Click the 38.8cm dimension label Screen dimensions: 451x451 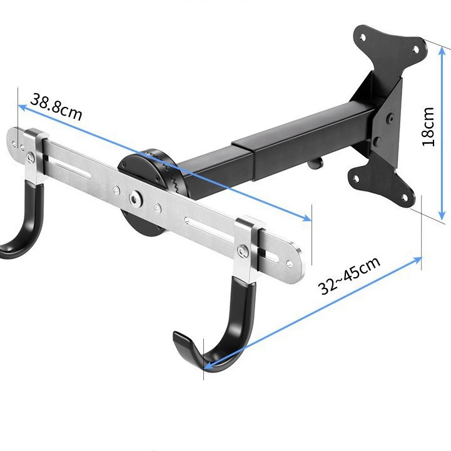[56, 107]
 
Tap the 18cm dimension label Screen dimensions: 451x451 [428, 127]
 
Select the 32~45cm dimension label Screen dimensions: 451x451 [349, 276]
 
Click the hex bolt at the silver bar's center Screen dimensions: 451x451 [135, 198]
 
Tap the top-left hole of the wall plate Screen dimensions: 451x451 [363, 38]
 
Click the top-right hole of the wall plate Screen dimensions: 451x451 [415, 49]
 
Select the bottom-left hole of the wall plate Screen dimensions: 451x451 [356, 179]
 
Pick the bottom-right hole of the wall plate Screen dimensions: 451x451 [405, 198]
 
